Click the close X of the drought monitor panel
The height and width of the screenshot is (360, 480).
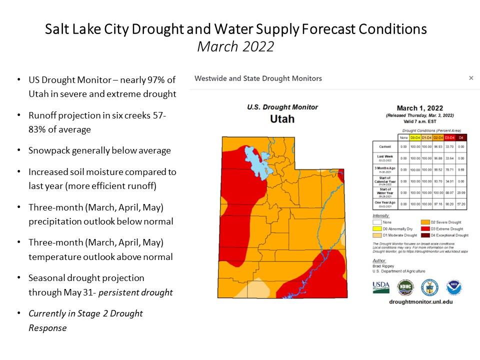(470, 78)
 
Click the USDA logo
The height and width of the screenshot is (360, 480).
(381, 287)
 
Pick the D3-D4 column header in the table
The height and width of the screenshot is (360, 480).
(450, 137)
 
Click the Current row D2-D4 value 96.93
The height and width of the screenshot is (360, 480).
(438, 147)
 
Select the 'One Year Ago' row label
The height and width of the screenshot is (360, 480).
(384, 203)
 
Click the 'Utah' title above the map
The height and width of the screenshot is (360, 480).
(282, 119)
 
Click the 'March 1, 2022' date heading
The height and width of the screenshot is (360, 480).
(419, 108)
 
